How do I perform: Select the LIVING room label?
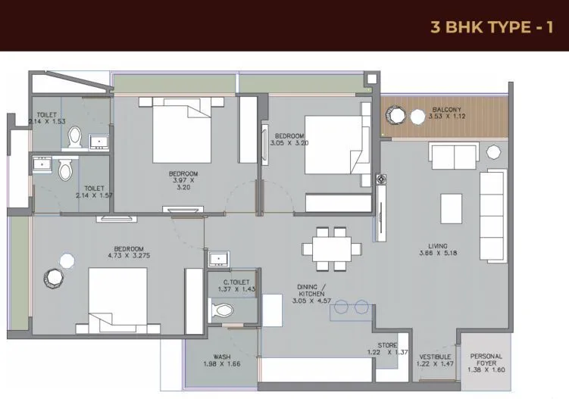coord(437,246)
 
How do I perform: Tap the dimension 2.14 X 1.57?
coord(95,195)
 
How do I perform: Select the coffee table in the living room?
coord(452,208)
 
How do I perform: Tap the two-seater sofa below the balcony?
coord(453,156)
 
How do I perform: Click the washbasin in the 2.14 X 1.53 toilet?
coord(98,141)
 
